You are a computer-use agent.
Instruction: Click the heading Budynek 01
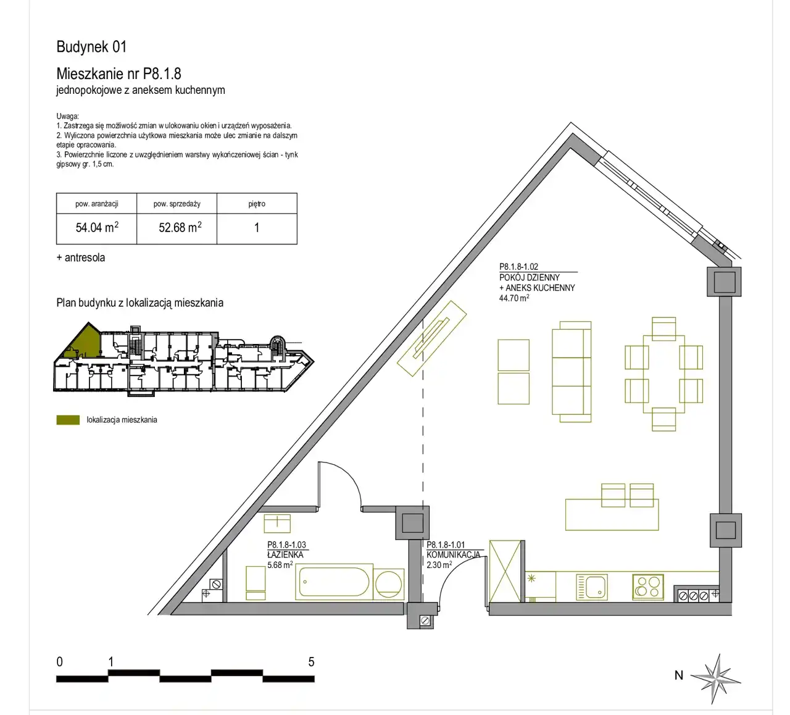click(91, 46)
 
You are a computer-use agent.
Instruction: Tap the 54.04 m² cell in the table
click(97, 227)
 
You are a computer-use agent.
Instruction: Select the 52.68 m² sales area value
click(180, 227)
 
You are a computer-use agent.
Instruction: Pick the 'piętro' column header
click(257, 204)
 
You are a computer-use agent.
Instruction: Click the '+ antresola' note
click(81, 257)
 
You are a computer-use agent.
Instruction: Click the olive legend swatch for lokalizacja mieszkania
click(68, 420)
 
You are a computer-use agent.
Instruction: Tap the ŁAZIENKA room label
click(286, 554)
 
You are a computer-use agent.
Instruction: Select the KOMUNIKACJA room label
click(454, 554)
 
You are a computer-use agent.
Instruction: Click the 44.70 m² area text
click(514, 298)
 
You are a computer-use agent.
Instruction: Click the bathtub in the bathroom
click(334, 582)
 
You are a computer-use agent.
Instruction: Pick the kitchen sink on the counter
click(592, 587)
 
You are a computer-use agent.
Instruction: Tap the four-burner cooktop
click(648, 587)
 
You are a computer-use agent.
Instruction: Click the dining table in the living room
click(664, 374)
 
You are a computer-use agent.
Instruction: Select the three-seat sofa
click(572, 372)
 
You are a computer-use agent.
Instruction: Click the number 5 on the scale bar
click(311, 662)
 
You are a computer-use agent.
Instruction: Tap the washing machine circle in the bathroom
click(389, 585)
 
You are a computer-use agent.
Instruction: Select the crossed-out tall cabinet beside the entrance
click(505, 571)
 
